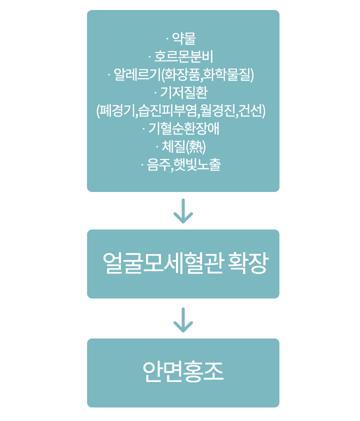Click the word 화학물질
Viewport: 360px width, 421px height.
pyautogui.click(x=226, y=75)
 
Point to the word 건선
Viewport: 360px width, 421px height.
pyautogui.click(x=250, y=111)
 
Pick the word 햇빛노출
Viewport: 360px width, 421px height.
pyautogui.click(x=197, y=165)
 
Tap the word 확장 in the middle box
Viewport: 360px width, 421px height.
pyautogui.click(x=247, y=263)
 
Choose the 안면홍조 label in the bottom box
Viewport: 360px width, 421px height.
pyautogui.click(x=183, y=372)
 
